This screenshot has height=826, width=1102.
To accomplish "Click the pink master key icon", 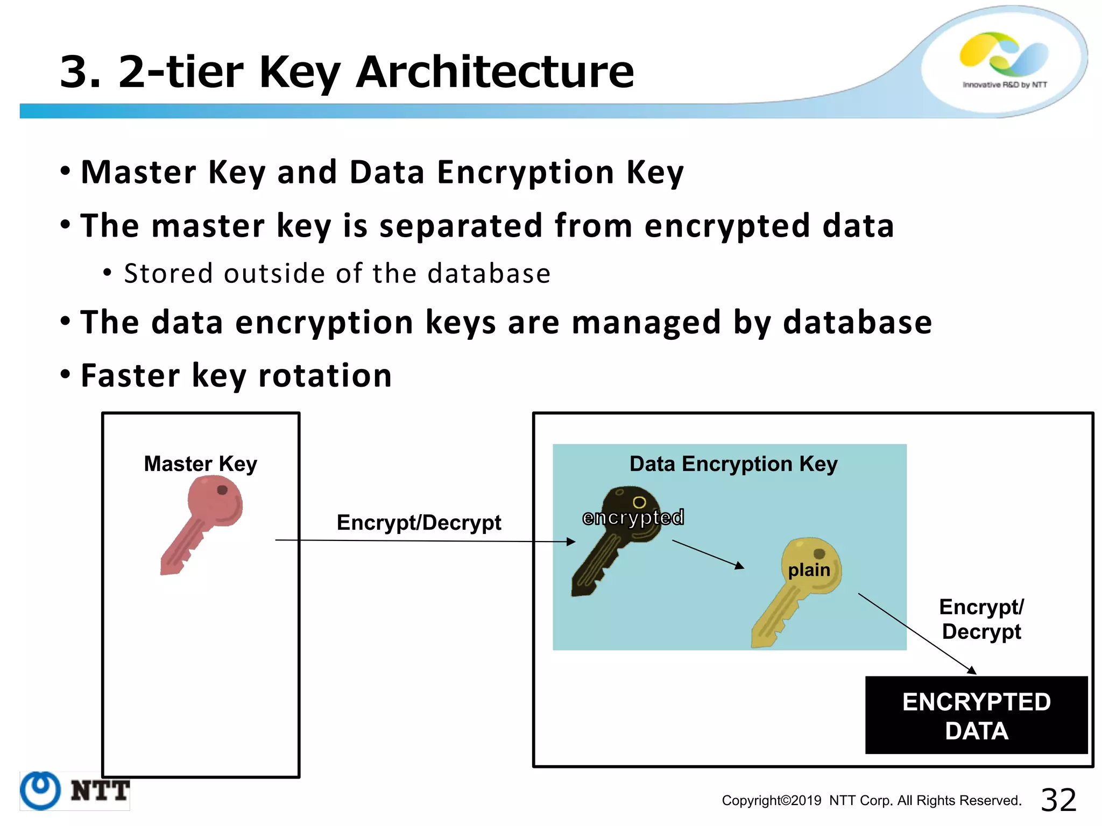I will coord(202,524).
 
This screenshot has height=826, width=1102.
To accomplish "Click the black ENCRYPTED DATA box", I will coord(976,715).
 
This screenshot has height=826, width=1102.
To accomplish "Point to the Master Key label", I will coord(200,464).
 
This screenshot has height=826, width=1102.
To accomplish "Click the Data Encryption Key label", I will coord(733,464).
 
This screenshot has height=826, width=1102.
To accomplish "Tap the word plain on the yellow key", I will coord(809,570).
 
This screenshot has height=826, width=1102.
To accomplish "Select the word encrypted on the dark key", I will coord(633,517).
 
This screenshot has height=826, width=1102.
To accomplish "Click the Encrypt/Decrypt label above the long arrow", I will coord(419,522).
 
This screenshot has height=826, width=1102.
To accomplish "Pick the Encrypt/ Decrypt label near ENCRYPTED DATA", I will coord(981,619).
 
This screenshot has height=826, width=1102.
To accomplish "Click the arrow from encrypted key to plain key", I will coord(708,554).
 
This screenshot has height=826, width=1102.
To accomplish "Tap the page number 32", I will coord(1058,800).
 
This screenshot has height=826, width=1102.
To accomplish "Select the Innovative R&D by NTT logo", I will coord(1004,59).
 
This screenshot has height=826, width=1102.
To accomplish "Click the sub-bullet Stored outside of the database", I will coord(337,273).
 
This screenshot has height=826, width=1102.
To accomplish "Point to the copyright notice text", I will coord(871,801).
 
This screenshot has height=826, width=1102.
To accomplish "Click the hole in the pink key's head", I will coord(222,490).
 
